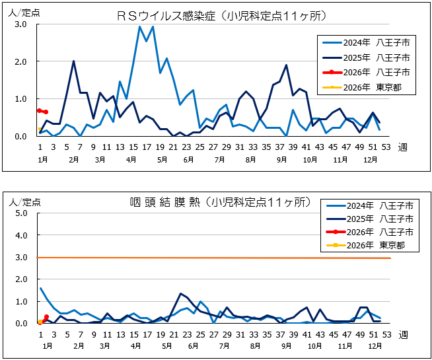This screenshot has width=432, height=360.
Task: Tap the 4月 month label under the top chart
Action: pos(131,160)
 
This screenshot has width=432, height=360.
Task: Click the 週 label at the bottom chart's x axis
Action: pos(403,334)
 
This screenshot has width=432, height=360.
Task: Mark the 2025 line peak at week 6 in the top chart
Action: pos(73,61)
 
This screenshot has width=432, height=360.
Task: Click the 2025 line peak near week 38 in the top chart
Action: pos(286,65)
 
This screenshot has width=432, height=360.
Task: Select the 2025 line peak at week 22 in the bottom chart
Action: pos(180,293)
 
